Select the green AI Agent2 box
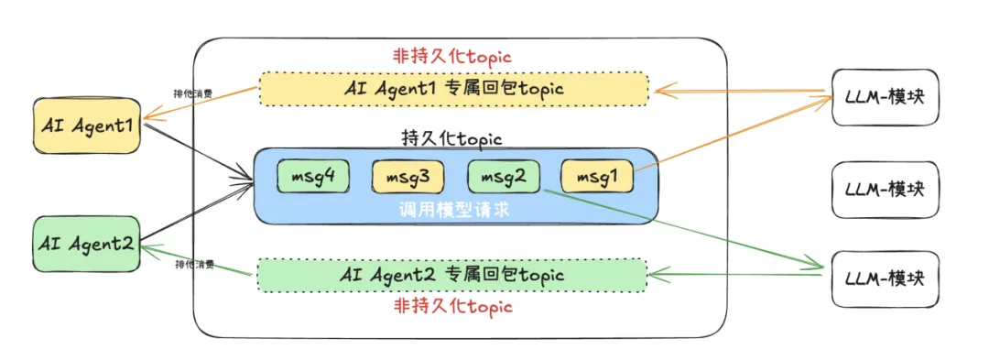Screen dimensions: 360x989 tap(87, 244)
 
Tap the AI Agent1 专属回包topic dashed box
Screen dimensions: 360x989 tap(453, 89)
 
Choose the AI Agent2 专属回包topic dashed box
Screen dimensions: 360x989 tap(453, 274)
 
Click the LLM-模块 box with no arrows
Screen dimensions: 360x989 tap(886, 190)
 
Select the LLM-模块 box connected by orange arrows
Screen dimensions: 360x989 tap(886, 97)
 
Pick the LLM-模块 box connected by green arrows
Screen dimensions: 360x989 tap(886, 277)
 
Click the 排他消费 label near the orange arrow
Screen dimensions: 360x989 tap(194, 93)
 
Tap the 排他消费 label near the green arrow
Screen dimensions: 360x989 tap(194, 265)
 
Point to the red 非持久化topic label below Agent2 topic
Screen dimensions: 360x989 tap(452, 306)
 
